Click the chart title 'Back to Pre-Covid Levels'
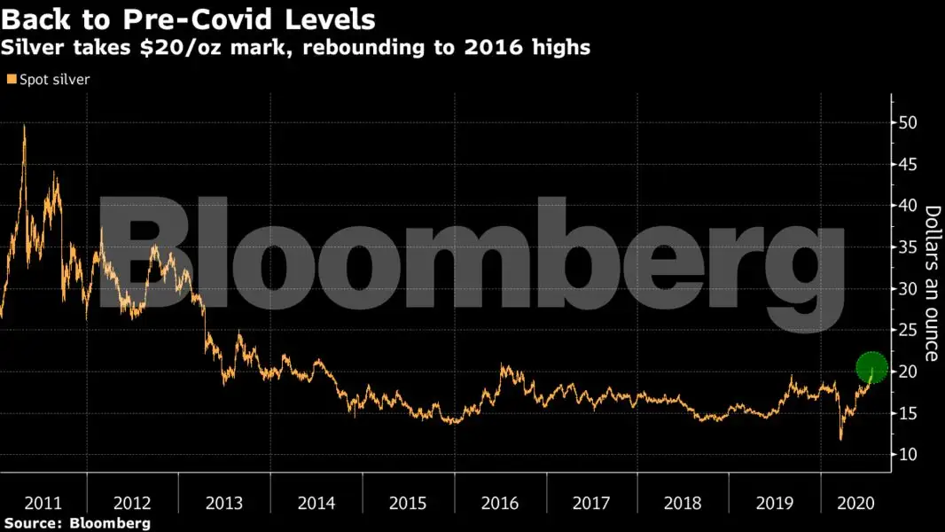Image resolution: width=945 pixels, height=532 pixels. coord(188,19)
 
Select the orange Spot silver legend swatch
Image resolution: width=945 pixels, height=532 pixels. coord(11,80)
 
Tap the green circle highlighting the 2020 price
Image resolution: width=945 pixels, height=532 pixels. coord(872,368)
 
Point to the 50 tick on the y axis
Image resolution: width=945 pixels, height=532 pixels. coord(910,122)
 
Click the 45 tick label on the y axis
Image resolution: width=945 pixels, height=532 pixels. coord(910,164)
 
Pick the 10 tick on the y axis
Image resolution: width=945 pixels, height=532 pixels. coord(910,455)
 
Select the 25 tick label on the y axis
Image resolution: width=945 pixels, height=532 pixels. coord(910,330)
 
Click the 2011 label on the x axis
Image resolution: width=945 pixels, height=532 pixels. coord(43,503)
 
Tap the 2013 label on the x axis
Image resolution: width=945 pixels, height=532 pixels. coord(224,503)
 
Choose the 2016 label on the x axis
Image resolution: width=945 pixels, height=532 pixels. coord(500,503)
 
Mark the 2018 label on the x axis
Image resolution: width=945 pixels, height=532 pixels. coord(683,503)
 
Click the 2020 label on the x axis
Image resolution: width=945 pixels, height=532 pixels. coord(855,503)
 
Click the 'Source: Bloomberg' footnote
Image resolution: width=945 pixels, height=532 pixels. coord(76,523)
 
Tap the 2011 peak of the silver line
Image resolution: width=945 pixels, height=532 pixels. coord(24,127)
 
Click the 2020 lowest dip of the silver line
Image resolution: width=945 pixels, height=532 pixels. coord(840,439)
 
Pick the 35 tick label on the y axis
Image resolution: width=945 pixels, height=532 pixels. coord(910,247)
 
